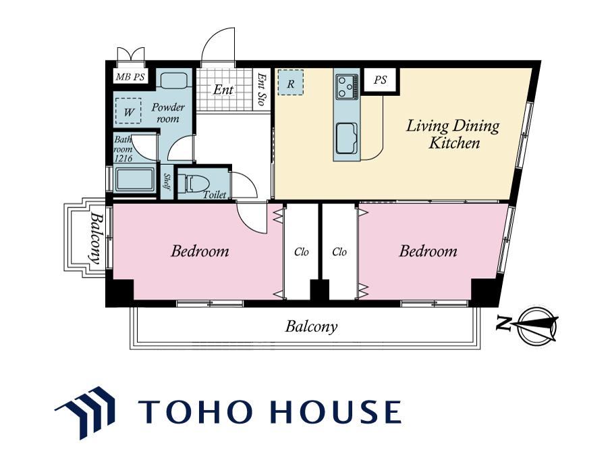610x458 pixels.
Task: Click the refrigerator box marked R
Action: (291, 82)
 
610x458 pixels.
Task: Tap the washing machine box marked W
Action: (128, 111)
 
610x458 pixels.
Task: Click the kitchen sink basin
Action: (347, 138)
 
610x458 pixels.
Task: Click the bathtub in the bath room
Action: (134, 180)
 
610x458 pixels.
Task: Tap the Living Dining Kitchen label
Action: (453, 134)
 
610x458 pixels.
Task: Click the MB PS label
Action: (130, 77)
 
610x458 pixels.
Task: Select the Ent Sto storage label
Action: (262, 90)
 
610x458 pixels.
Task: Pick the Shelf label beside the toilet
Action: (167, 182)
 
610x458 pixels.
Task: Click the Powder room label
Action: (168, 113)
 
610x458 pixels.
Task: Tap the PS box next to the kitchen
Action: (381, 80)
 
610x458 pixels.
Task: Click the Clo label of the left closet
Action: (302, 252)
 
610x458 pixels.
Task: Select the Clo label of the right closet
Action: (339, 252)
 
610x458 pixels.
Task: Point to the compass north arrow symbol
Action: (538, 326)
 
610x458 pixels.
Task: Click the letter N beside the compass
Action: (504, 324)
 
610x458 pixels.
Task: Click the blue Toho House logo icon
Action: (85, 413)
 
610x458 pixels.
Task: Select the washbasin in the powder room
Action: (174, 80)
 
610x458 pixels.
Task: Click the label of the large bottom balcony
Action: (311, 326)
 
